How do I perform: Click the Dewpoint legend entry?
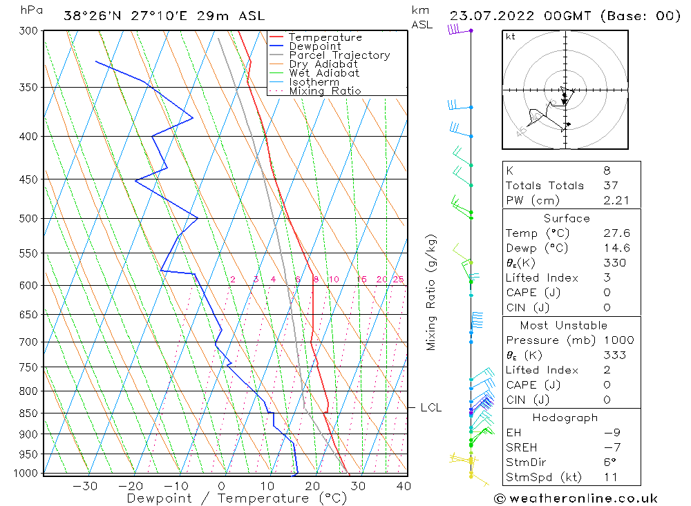[x=315, y=46]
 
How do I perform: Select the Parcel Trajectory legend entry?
[x=339, y=55]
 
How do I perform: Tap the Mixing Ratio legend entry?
[x=325, y=91]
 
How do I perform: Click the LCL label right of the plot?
[x=430, y=408]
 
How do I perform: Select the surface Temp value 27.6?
[x=616, y=233]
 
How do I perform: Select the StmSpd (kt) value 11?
[x=609, y=477]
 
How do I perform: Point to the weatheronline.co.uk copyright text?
[x=576, y=498]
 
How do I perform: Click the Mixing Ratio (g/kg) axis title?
[x=432, y=292]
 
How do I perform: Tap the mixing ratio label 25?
[x=398, y=280]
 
